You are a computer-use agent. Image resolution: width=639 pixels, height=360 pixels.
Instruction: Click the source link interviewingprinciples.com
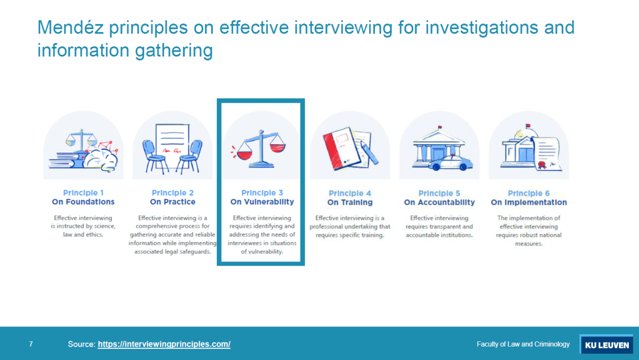(164, 345)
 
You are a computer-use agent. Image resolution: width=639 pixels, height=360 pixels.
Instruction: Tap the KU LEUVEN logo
(607, 345)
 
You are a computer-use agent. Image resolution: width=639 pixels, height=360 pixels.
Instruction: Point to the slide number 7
(31, 344)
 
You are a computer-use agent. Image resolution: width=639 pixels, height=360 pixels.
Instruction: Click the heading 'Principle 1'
(83, 193)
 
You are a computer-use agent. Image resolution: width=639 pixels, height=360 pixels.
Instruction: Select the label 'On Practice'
(173, 202)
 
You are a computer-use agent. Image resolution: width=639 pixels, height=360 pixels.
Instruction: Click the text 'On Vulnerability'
(262, 202)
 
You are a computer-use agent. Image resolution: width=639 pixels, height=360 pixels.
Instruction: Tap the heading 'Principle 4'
(350, 193)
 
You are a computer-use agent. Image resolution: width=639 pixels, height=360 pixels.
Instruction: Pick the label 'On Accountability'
(439, 202)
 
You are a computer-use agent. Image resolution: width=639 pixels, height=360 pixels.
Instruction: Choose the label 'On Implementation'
(529, 202)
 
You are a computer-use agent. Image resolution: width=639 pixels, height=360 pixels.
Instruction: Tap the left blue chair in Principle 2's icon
(154, 157)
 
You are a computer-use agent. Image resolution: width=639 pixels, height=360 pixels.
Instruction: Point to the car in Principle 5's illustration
(450, 163)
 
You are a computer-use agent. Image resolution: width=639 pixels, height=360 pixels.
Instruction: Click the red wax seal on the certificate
(542, 165)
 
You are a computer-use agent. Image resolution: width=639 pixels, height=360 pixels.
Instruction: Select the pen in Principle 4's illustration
(370, 153)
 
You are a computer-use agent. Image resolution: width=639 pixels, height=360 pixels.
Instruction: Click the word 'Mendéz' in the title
(70, 28)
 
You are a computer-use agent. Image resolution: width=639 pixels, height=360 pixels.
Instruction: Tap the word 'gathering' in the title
(174, 51)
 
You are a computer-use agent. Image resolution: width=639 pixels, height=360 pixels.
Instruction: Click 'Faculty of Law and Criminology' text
(523, 345)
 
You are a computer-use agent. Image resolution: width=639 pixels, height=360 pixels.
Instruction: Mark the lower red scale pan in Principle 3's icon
(244, 156)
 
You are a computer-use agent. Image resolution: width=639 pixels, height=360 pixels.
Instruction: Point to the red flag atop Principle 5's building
(440, 127)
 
